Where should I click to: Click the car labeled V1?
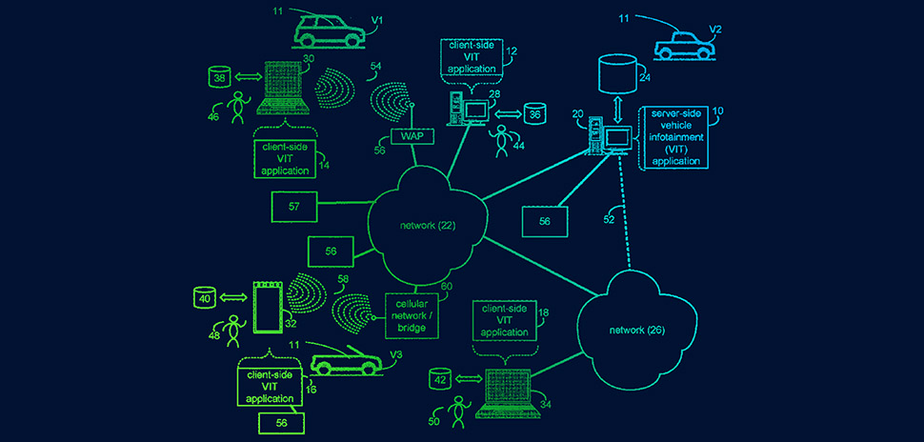328,30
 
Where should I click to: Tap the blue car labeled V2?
682,44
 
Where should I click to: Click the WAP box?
412,136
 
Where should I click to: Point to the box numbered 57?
294,205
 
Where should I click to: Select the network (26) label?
635,330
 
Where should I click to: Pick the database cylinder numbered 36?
534,114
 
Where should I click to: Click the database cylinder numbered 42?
440,378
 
